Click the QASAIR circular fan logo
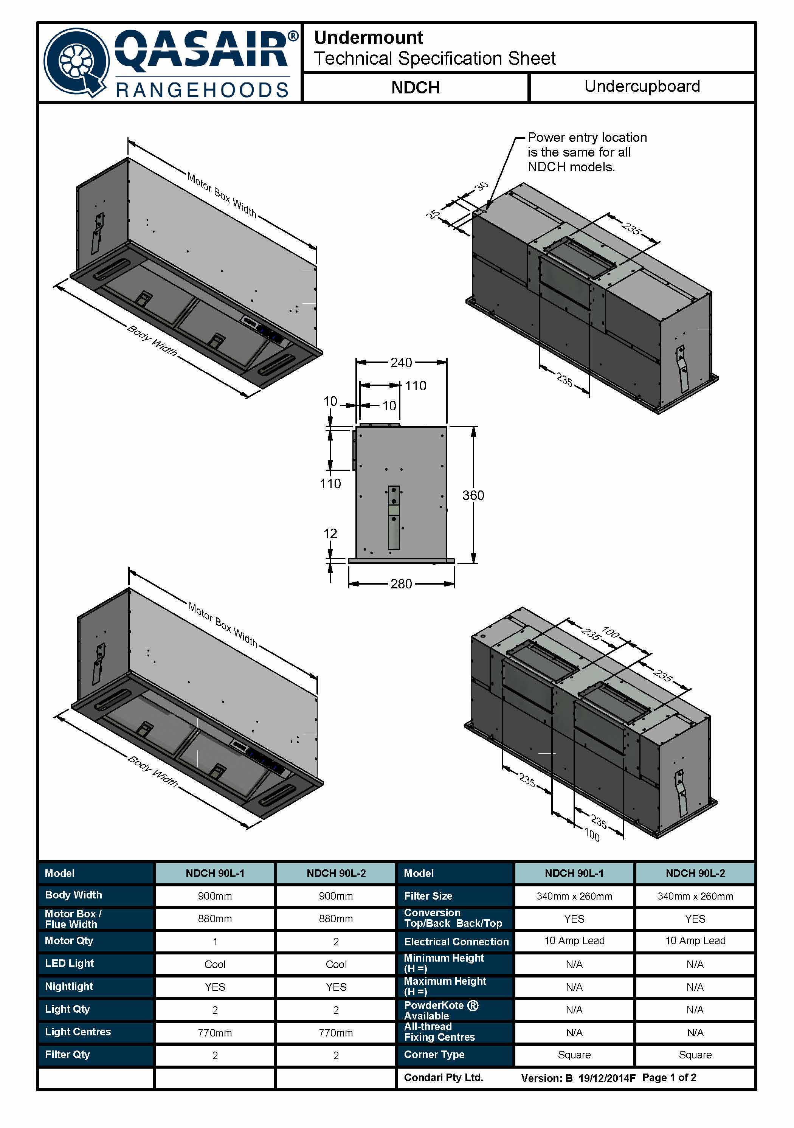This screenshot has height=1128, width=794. [76, 62]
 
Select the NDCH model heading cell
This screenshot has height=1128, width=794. [415, 87]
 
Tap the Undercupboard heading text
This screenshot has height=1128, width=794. [642, 87]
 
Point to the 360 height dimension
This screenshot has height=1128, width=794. [473, 495]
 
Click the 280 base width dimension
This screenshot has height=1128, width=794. [401, 583]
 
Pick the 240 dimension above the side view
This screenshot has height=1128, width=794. [401, 363]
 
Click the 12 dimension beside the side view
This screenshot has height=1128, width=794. [330, 534]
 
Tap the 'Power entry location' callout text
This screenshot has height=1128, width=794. [587, 138]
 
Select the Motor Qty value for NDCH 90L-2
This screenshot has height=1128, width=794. [336, 942]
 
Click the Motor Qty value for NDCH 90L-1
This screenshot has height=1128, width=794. [215, 942]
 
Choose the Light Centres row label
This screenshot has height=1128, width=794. [78, 1032]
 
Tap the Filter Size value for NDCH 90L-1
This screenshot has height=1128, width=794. [574, 896]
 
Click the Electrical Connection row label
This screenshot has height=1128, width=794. [456, 942]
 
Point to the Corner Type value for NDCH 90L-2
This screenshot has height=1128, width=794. [695, 1055]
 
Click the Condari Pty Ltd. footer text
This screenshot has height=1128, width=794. [443, 1078]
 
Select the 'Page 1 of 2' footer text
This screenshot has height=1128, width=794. [669, 1078]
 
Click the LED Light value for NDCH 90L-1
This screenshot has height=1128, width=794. [215, 964]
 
